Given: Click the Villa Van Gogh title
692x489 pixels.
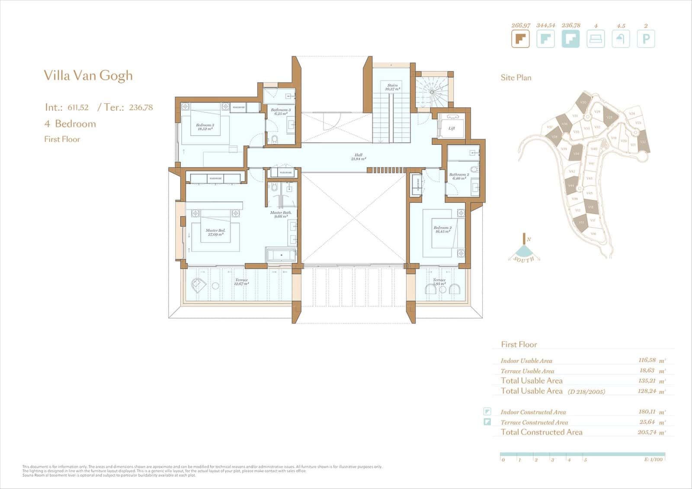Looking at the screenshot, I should [88, 76].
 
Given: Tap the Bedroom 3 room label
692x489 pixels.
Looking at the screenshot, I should [205, 127].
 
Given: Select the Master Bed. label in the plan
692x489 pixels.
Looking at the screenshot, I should [215, 232].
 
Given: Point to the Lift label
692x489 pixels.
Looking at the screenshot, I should [452, 128].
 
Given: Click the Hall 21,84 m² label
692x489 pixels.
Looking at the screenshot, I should [359, 157].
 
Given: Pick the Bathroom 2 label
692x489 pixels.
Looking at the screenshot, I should [459, 176].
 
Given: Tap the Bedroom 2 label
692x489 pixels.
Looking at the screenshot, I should [442, 229].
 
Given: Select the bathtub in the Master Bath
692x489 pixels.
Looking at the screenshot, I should [282, 255].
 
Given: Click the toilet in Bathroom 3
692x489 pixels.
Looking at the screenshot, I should [274, 139].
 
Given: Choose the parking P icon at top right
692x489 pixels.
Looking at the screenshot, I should [646, 39].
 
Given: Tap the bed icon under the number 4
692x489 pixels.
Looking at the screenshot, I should [596, 39].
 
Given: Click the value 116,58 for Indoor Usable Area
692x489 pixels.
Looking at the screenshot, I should [647, 360].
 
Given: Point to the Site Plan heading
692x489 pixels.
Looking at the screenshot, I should [516, 78].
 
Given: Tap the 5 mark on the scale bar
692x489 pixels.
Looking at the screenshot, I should [585, 460].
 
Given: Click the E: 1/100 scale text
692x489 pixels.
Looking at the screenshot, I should [653, 460].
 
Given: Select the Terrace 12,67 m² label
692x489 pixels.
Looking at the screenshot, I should [241, 282].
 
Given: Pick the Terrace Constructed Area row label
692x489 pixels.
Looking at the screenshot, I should [534, 422].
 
